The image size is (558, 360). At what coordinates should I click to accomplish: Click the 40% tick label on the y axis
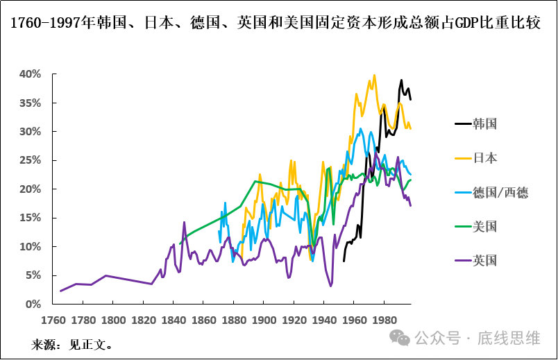(31, 74)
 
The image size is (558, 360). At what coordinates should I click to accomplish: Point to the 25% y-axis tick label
(31, 160)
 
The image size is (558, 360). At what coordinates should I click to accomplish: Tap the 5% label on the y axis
(33, 275)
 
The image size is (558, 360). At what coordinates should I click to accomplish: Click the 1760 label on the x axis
(53, 320)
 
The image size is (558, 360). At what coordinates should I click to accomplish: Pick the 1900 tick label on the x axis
(263, 320)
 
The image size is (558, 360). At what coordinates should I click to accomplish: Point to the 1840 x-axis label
(173, 320)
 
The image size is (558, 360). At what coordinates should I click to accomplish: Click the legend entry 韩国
(485, 124)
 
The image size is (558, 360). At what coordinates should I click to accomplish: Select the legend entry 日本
(485, 158)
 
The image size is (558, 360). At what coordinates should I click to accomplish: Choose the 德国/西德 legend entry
(500, 192)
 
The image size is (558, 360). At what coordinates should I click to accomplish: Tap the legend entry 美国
(485, 226)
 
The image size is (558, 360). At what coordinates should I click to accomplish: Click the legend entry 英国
(485, 261)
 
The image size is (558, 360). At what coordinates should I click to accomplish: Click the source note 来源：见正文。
(72, 345)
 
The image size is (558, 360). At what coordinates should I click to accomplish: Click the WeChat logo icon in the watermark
(400, 338)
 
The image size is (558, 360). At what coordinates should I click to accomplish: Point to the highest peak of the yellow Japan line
(375, 76)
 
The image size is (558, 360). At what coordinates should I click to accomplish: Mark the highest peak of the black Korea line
(401, 80)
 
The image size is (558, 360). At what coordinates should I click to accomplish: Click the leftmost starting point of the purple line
(60, 291)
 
